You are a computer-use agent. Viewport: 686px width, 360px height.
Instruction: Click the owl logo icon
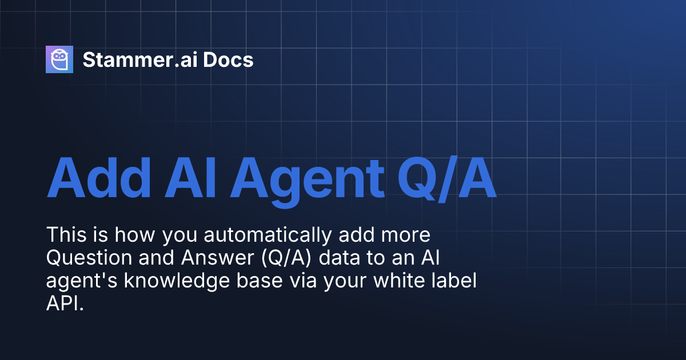point(59,59)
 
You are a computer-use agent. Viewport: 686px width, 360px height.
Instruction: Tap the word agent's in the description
point(74,282)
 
